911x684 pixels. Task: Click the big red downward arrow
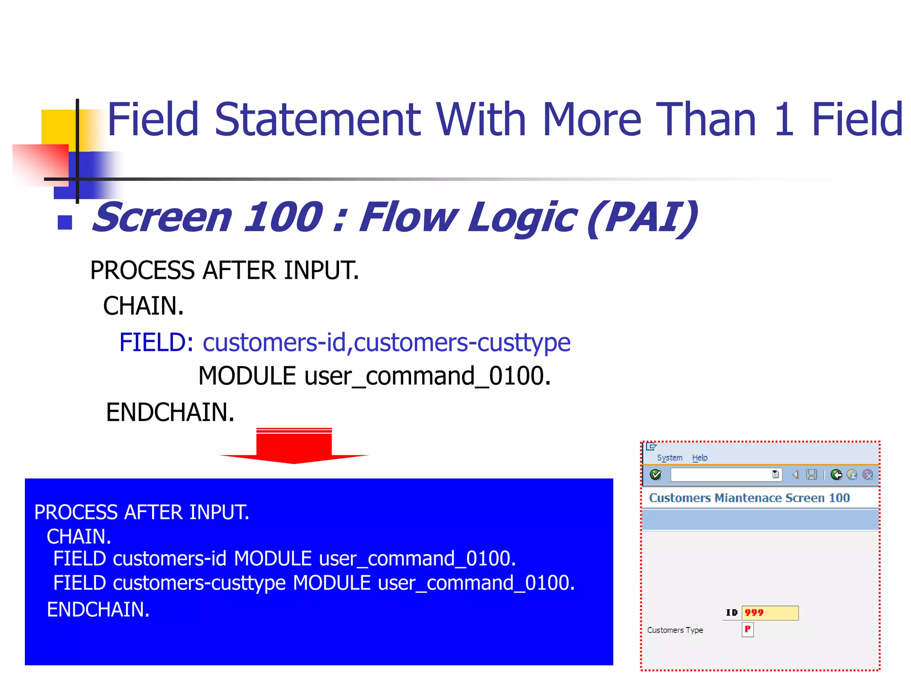(294, 446)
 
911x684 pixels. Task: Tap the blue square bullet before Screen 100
(65, 222)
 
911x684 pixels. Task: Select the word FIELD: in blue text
(156, 342)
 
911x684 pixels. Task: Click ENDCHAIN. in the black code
(170, 412)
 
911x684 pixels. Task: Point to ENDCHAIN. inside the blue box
(98, 609)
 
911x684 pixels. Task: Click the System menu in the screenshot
(669, 458)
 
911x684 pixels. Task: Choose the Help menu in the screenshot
(699, 458)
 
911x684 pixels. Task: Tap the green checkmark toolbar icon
(655, 475)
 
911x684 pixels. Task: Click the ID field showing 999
(770, 613)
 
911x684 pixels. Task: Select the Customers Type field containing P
(747, 630)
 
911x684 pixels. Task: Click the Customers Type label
(675, 630)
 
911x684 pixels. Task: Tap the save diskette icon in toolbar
(811, 475)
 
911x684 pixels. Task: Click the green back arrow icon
(836, 475)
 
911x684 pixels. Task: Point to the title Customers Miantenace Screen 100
(749, 498)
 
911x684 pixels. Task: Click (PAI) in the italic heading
(642, 217)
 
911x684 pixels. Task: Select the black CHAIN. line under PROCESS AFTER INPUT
(143, 306)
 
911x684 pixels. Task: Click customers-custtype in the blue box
(199, 583)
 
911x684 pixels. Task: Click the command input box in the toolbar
(721, 475)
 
